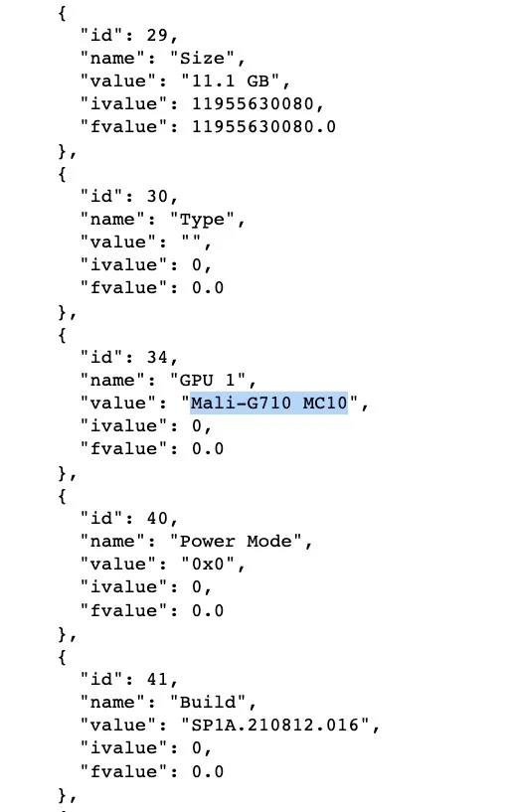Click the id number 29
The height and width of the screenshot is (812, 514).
(x=157, y=35)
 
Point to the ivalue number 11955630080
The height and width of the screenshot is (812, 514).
(x=253, y=104)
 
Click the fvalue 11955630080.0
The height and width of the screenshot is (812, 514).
(x=263, y=127)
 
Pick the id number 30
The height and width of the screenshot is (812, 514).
(x=157, y=196)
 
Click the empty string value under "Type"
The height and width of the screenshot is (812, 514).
(x=192, y=242)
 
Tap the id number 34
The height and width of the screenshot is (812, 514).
(x=157, y=358)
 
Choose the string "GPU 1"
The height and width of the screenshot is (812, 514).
(x=209, y=380)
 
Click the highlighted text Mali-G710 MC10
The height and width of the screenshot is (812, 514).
(x=268, y=403)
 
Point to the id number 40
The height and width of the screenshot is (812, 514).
(x=157, y=519)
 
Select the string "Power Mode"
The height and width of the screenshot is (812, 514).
(x=237, y=541)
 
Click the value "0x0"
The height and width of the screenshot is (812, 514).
(x=209, y=564)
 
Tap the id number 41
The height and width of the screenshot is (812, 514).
(x=157, y=680)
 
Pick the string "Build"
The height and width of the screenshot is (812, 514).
(x=209, y=703)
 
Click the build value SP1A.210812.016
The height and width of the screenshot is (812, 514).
(x=275, y=725)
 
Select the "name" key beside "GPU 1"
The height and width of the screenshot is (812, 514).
(x=112, y=380)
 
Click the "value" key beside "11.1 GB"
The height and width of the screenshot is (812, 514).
(x=118, y=81)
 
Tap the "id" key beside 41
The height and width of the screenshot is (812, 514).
(x=101, y=680)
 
